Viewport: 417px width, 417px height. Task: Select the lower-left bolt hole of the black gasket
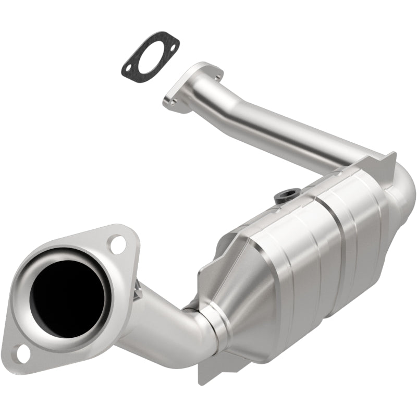point(128,68)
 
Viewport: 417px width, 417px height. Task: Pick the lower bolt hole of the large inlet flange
point(22,353)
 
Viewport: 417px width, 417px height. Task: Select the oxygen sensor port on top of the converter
point(284,196)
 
